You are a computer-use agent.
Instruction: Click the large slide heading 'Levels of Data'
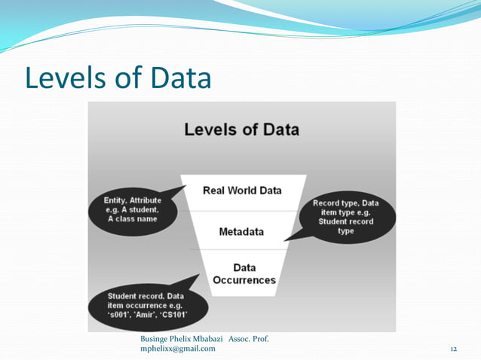[118, 78]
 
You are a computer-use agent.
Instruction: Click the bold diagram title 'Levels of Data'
[241, 129]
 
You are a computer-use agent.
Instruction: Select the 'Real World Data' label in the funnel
[242, 190]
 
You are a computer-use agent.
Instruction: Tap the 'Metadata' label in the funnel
[241, 231]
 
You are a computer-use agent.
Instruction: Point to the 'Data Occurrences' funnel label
[244, 274]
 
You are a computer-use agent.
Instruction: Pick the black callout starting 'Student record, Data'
[143, 304]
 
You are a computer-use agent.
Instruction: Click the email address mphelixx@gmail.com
[177, 348]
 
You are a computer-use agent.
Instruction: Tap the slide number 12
[453, 349]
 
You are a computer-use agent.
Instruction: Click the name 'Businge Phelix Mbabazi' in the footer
[181, 339]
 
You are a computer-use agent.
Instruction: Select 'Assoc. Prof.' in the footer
[248, 339]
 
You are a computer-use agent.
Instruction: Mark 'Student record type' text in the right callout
[346, 226]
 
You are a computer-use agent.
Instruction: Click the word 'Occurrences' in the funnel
[244, 280]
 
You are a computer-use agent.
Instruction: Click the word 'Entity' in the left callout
[118, 200]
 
